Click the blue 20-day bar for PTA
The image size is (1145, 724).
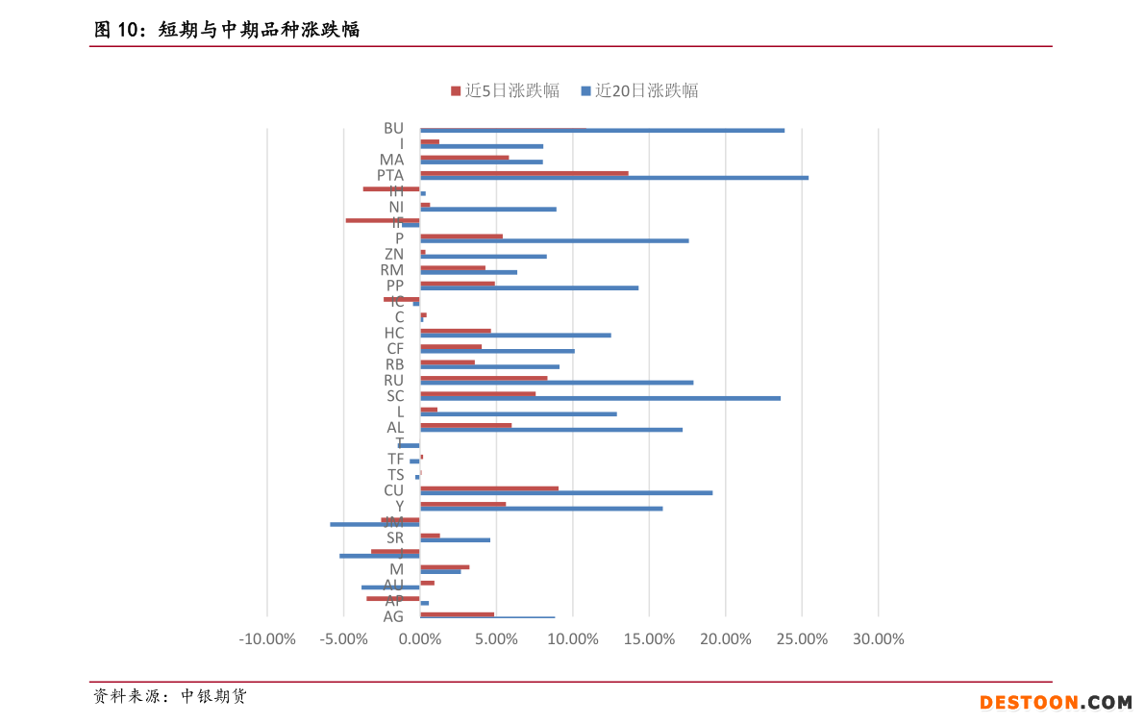(614, 178)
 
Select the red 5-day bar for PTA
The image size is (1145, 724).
(524, 173)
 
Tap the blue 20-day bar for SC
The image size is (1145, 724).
(600, 398)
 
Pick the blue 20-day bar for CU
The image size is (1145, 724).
(566, 492)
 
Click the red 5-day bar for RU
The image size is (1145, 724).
(484, 378)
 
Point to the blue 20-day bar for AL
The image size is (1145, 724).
(551, 430)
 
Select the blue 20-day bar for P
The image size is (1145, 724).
(555, 240)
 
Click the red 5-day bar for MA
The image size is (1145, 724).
(464, 158)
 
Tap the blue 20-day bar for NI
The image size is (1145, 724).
(488, 209)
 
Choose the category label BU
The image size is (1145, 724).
(393, 128)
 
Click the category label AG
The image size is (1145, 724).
(393, 616)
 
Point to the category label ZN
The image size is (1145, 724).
(393, 254)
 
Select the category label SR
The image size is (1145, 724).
(394, 537)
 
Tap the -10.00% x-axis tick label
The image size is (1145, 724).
(267, 639)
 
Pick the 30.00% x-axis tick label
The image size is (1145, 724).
(878, 639)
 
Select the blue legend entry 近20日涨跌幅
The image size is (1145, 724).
(639, 91)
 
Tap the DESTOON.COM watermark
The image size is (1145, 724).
(1056, 704)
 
